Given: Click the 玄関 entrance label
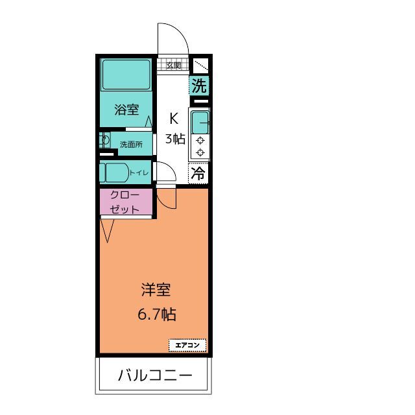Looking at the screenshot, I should click(x=173, y=65).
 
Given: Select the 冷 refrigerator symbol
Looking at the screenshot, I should click(x=199, y=173).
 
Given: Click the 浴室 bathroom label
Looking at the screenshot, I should click(x=127, y=109).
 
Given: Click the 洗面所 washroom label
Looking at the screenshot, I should click(x=131, y=144).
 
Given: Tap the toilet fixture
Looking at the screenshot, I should click(x=115, y=173).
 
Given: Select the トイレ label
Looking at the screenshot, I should click(x=139, y=172).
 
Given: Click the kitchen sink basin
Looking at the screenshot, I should click(x=200, y=121).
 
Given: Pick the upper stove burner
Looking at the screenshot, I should click(x=200, y=140).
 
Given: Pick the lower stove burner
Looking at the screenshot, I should click(x=200, y=152).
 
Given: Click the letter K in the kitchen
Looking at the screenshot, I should click(x=174, y=119).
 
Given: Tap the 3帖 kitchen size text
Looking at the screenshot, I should click(x=174, y=138).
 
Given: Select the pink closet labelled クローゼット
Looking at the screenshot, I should click(x=126, y=202).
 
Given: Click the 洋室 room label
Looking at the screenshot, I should click(x=156, y=290).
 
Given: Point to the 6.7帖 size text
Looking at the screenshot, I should click(x=156, y=314).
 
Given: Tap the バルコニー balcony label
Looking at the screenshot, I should click(x=154, y=376).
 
